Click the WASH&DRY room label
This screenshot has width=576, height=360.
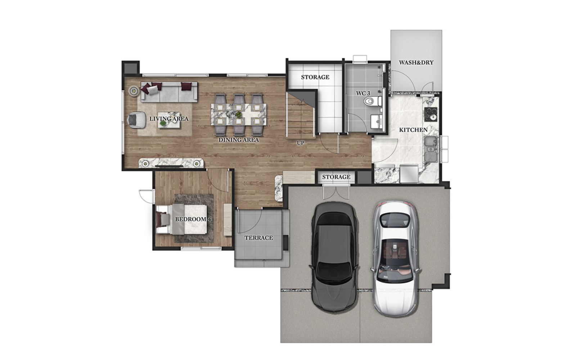(x=416, y=63)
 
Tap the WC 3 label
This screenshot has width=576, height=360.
(x=363, y=94)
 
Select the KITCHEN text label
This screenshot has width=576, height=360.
(x=413, y=130)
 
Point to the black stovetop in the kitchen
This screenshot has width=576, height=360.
(x=431, y=114)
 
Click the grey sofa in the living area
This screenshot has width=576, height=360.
(x=169, y=91)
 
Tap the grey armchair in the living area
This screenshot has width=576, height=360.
(x=136, y=120)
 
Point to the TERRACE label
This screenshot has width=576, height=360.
(x=258, y=238)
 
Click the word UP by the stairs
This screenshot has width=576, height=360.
(x=301, y=143)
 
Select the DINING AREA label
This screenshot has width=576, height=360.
(x=239, y=140)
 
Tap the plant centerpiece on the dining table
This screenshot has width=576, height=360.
(x=239, y=114)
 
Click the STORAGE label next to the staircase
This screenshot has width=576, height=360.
(x=315, y=77)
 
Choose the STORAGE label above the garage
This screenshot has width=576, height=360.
(x=336, y=177)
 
